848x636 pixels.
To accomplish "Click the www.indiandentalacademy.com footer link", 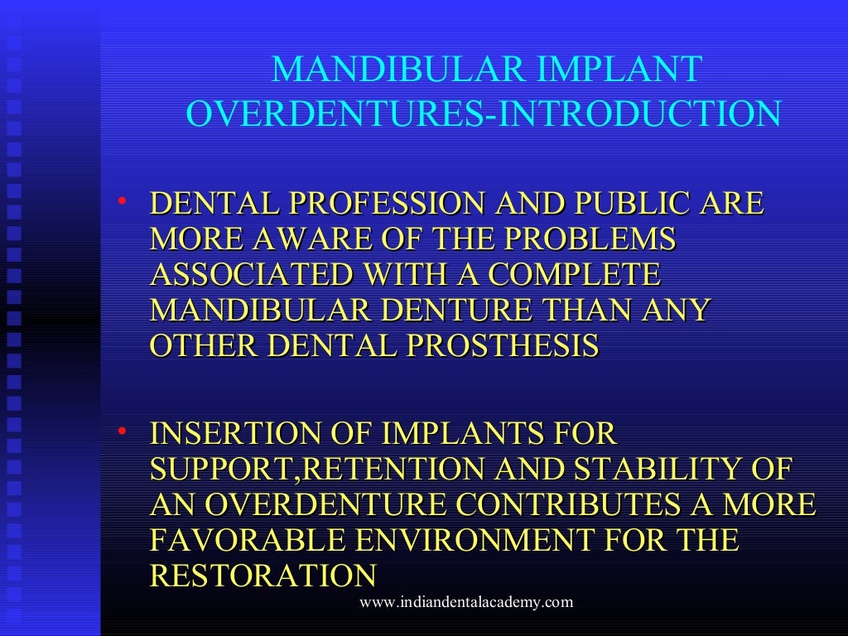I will point(465,602).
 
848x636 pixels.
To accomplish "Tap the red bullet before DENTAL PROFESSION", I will point(122,200).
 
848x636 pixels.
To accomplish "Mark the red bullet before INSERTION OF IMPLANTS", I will point(122,430).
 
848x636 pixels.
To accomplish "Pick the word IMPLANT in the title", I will point(619,70).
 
